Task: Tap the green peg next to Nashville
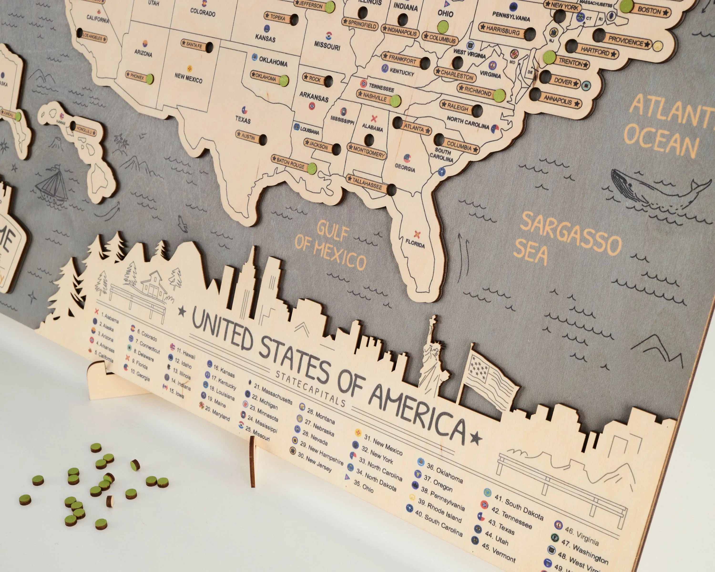point(395,101)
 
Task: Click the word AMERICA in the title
point(418,414)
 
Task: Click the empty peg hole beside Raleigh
point(477,110)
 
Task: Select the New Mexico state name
point(188,78)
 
